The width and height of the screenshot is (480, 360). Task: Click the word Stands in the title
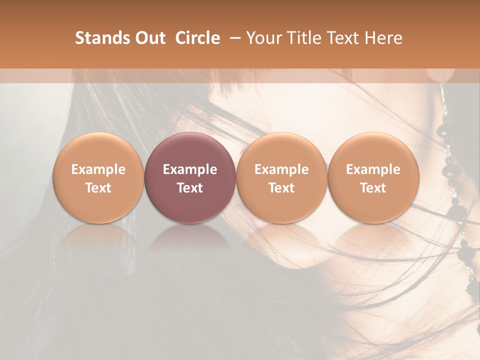pyautogui.click(x=97, y=38)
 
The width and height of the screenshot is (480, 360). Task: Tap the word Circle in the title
pyautogui.click(x=197, y=38)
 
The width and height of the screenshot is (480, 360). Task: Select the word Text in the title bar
pyautogui.click(x=340, y=38)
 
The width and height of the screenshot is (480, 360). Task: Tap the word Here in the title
pyautogui.click(x=382, y=38)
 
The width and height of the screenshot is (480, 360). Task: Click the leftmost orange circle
pyautogui.click(x=98, y=177)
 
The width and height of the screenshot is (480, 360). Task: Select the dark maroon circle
pyautogui.click(x=190, y=177)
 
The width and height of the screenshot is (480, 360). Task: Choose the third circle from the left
pyautogui.click(x=281, y=177)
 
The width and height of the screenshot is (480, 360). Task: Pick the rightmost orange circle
pyautogui.click(x=373, y=177)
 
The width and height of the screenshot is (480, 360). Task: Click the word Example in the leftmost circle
pyautogui.click(x=98, y=169)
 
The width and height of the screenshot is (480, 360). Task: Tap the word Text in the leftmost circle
pyautogui.click(x=98, y=188)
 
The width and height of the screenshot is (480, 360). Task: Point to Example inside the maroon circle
pyautogui.click(x=190, y=169)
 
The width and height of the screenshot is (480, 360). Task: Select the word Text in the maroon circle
pyautogui.click(x=190, y=188)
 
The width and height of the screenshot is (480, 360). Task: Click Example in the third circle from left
pyautogui.click(x=281, y=169)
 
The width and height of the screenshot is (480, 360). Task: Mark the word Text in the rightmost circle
pyautogui.click(x=373, y=188)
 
